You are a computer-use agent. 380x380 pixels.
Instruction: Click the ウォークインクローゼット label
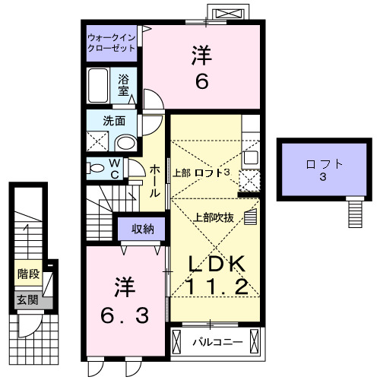[x=111, y=42]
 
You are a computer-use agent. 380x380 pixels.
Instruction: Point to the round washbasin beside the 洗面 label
[x=125, y=142]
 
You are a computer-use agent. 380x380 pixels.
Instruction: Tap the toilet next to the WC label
[x=96, y=167]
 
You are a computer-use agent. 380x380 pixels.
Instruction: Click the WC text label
[x=113, y=168]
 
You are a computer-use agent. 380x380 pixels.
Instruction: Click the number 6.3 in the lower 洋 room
[x=125, y=313]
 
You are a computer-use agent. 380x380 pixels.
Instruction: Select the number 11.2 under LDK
[x=217, y=287]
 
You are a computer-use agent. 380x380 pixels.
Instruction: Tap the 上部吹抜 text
[x=214, y=217]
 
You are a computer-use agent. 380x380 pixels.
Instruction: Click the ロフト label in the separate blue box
[x=324, y=163]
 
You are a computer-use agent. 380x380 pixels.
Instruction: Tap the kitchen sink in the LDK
[x=250, y=181]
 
